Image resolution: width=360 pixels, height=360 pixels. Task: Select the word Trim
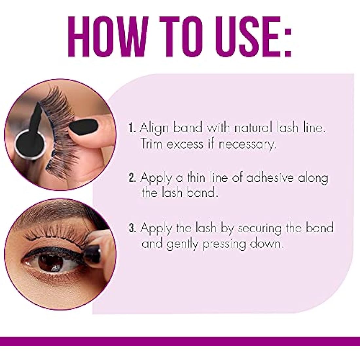coord(152,144)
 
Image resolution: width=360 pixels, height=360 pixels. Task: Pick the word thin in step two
coord(200,178)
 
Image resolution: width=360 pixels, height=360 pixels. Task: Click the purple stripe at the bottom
coord(180,341)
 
